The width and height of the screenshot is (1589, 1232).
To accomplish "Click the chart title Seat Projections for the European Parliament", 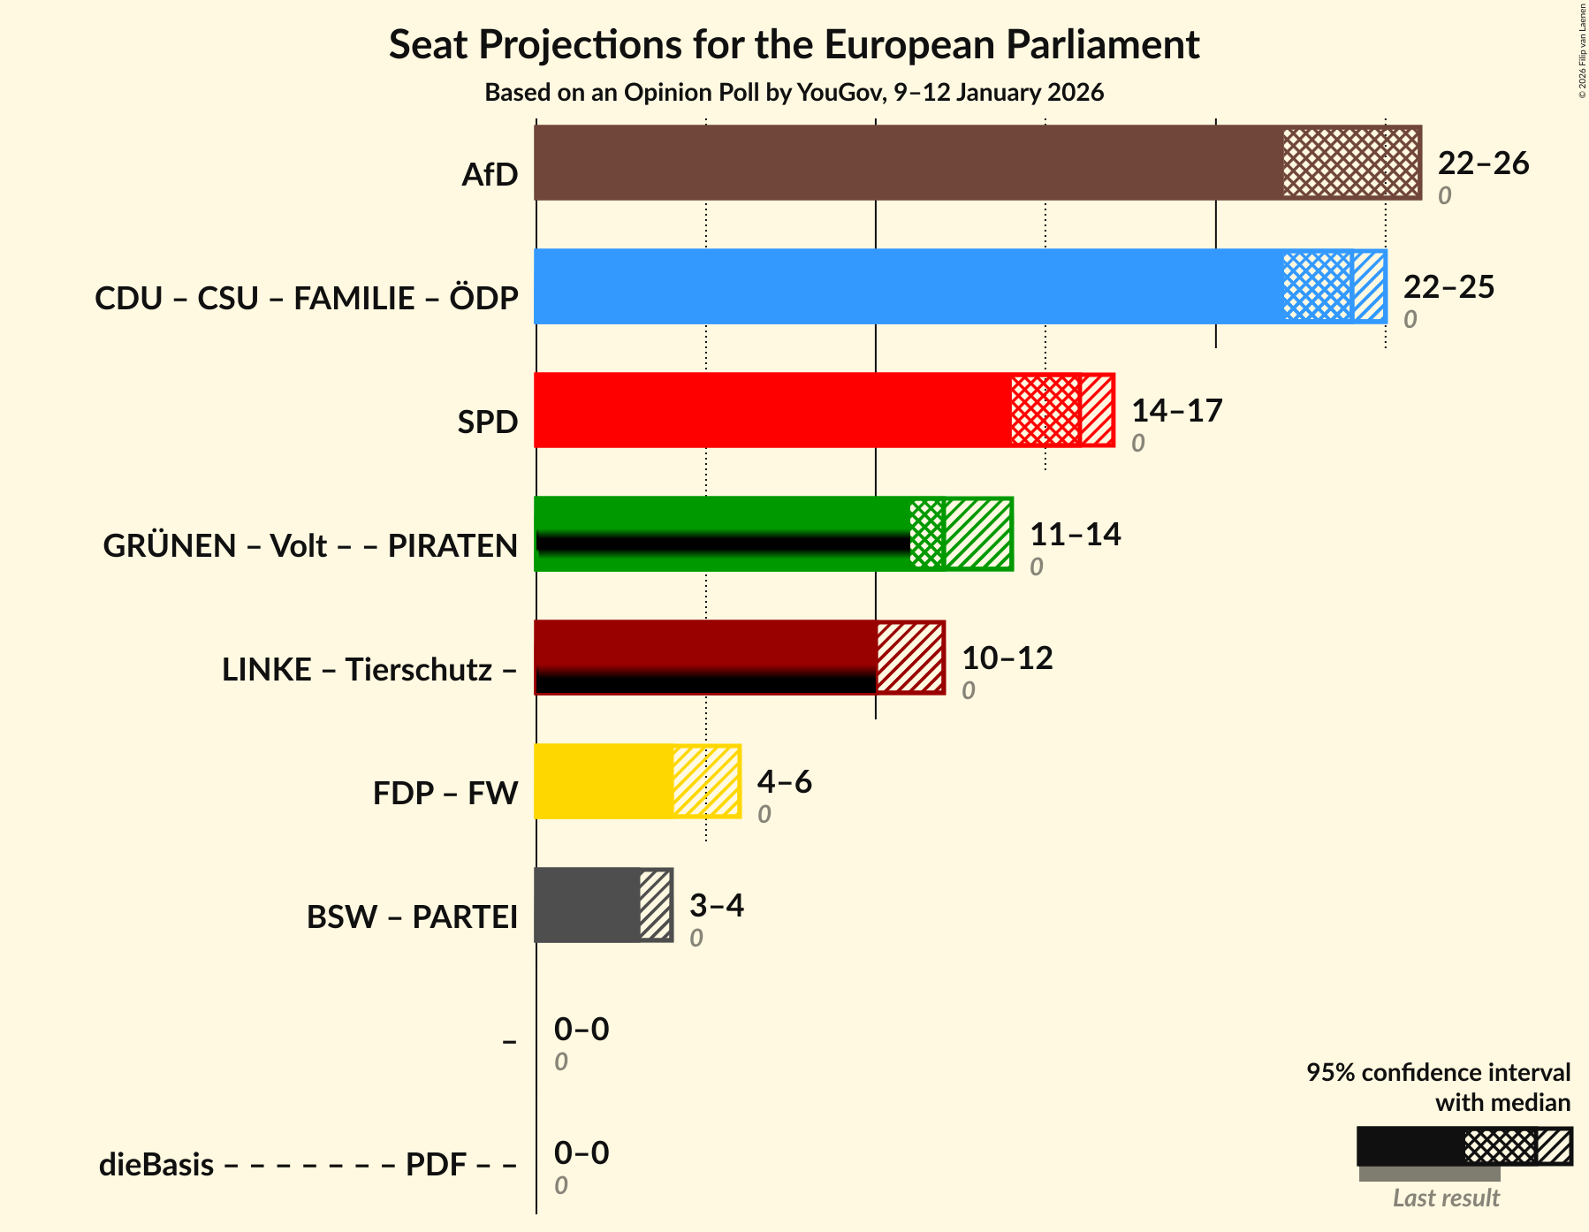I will (794, 44).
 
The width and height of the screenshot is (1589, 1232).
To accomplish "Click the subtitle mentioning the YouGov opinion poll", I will (794, 93).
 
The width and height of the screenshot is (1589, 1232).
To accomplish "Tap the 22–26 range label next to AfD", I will (1483, 164).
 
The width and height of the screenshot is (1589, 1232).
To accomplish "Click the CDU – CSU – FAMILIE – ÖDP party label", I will (306, 299).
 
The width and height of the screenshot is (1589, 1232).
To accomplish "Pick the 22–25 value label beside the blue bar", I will (1448, 287).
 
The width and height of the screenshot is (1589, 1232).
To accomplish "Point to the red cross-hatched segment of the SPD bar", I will (1045, 410).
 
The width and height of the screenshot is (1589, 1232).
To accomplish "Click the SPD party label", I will (487, 422).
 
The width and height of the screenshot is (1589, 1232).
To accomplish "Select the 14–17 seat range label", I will (1176, 411).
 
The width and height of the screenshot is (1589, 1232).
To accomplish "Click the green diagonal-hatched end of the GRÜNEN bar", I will (977, 534).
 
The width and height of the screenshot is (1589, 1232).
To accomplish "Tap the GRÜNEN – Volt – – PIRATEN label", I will (310, 546).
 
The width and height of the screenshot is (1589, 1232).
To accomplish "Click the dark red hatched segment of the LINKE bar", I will (909, 658).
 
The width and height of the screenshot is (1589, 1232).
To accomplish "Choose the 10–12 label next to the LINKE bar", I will (1007, 658).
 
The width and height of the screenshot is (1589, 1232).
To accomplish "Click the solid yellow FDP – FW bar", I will (604, 781).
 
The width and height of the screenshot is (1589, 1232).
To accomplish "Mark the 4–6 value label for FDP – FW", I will (784, 782).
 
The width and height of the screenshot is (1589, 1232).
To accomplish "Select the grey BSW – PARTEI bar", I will (587, 905).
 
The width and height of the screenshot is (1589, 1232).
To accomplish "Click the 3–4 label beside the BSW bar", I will (716, 906).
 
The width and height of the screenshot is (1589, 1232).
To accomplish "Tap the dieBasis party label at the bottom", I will (156, 1165).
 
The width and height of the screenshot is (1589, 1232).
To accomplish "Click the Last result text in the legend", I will (1446, 1198).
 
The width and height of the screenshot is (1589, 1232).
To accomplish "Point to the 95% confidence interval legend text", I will (1438, 1073).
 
